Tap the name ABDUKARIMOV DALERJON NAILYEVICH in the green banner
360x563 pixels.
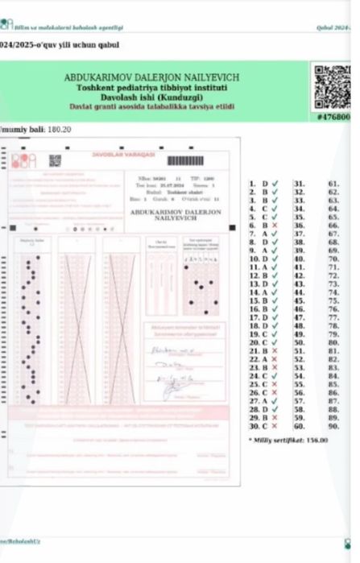(x=151, y=77)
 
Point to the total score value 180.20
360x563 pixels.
(x=60, y=129)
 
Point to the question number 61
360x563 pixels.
(x=333, y=184)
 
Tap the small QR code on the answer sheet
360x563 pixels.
(x=55, y=160)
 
